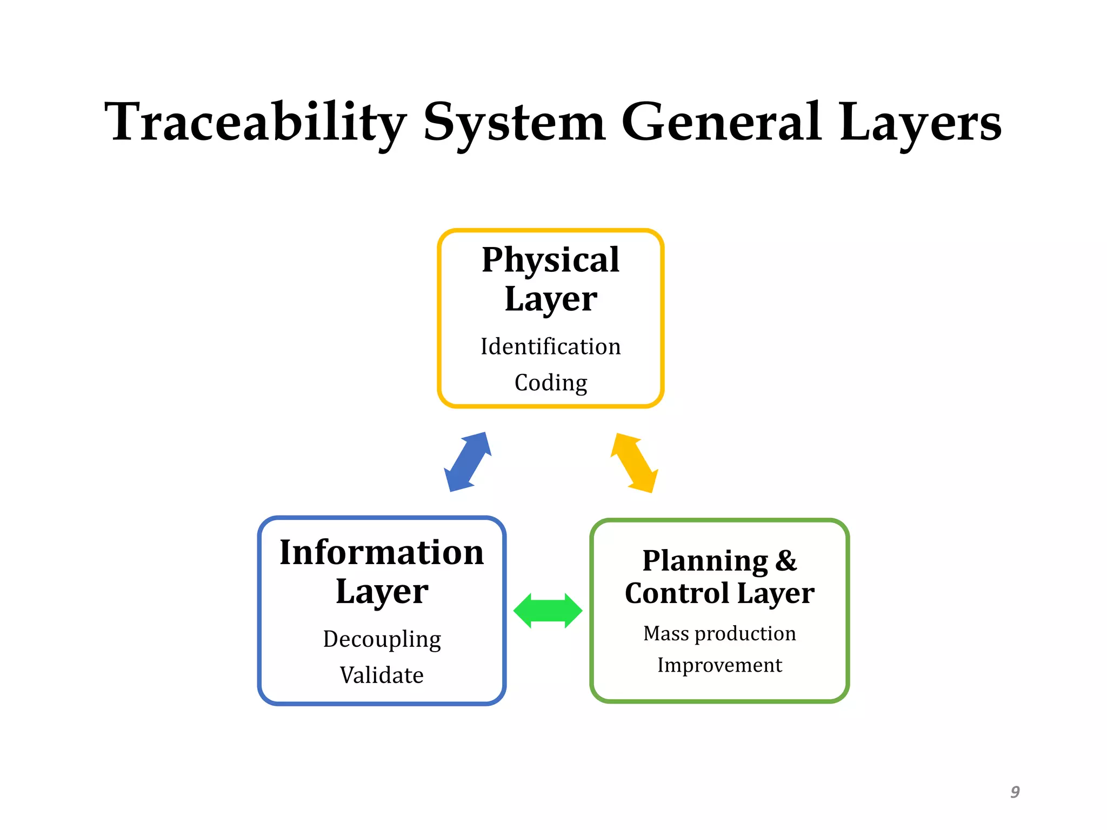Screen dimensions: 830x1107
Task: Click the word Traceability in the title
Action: (x=254, y=123)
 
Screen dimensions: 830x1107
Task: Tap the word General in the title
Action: (x=722, y=123)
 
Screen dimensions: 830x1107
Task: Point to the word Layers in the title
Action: (x=920, y=123)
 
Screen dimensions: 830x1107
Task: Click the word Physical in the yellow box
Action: (x=550, y=260)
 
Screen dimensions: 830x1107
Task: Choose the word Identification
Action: (x=550, y=347)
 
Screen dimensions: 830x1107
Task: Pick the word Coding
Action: (x=550, y=383)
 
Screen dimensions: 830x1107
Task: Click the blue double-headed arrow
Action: (x=468, y=462)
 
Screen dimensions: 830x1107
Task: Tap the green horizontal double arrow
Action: (x=548, y=611)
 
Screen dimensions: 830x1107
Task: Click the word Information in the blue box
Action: (x=382, y=553)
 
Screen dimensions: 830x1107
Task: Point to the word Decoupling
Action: (x=382, y=639)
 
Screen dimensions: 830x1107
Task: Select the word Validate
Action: (x=382, y=675)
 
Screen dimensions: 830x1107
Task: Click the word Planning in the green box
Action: (x=704, y=561)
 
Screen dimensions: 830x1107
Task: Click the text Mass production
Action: (x=719, y=633)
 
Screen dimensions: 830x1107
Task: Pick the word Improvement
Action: (x=719, y=665)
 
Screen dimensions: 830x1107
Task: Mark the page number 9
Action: (x=1015, y=792)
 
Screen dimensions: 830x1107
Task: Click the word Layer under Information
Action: (x=382, y=592)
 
